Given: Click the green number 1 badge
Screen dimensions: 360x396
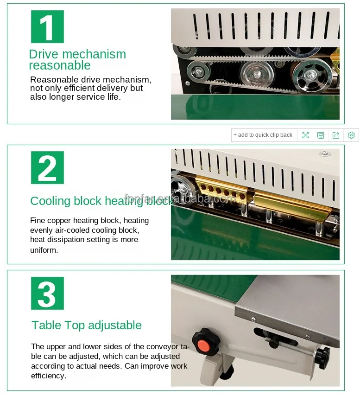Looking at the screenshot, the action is [47, 26].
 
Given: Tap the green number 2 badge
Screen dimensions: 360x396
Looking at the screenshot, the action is [47, 168].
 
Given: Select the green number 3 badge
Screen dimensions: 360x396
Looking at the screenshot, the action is [47, 293].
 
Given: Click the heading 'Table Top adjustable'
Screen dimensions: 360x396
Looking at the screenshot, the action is [87, 326].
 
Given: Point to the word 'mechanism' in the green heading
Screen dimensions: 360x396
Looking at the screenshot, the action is [94, 54].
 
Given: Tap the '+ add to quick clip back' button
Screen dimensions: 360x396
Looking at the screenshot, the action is [263, 135].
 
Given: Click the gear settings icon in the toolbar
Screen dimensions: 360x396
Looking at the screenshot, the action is [351, 135].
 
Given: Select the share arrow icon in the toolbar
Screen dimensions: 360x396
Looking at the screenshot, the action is [336, 135].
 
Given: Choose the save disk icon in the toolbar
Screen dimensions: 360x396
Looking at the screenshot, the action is [321, 135].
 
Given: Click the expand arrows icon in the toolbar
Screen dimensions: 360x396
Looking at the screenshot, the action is [305, 135].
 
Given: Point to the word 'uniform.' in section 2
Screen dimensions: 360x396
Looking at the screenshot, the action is [44, 250].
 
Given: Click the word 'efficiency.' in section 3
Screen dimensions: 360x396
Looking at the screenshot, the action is [49, 376].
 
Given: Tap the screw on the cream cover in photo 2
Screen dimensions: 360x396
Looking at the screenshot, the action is [325, 153].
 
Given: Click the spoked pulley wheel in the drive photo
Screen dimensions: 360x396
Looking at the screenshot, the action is [310, 76].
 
